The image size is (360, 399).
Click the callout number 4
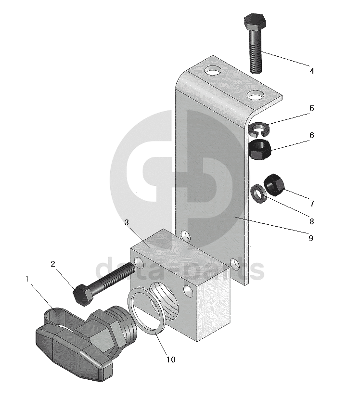point(311,71)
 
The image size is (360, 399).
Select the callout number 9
point(310,238)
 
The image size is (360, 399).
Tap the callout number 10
point(171,359)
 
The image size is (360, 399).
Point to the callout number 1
point(28,279)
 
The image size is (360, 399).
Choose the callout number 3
point(127,222)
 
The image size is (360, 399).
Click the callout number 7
point(311,203)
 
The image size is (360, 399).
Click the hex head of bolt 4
point(254,22)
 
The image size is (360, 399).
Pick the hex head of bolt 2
point(83,294)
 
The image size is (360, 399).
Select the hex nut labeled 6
point(260,149)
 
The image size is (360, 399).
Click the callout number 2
point(53,263)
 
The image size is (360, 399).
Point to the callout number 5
point(311,109)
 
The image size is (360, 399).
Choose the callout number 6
point(311,136)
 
